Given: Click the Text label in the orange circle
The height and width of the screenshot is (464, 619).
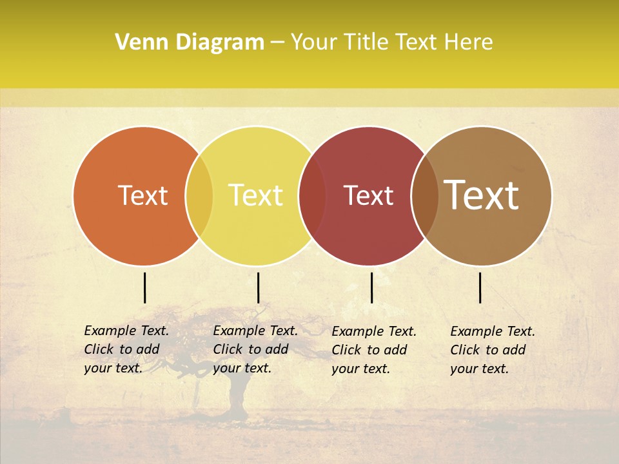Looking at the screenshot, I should coord(142,195).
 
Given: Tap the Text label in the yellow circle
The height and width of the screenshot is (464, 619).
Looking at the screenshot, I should coord(256,195).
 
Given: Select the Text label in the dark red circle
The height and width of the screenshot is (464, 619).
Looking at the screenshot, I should coord(368,195).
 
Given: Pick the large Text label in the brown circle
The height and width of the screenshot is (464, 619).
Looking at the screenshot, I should coord(482,195).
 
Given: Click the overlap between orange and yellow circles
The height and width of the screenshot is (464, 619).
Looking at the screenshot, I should coord(199,196).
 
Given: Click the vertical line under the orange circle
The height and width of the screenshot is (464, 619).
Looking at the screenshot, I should coord(145,287).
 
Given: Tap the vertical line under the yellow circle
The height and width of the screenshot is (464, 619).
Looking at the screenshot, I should coord(258,287).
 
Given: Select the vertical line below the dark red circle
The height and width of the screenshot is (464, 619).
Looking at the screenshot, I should coord(371,287).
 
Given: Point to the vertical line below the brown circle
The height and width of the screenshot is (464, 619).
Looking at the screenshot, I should coord(480,287).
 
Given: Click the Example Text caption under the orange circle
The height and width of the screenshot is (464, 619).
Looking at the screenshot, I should coord(126,349).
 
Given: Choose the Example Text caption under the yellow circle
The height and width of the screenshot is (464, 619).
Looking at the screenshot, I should coord(255,349).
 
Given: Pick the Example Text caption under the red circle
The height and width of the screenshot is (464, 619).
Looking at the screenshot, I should coord(373,350).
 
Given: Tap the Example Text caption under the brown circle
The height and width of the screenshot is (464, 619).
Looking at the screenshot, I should coord(492,350).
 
